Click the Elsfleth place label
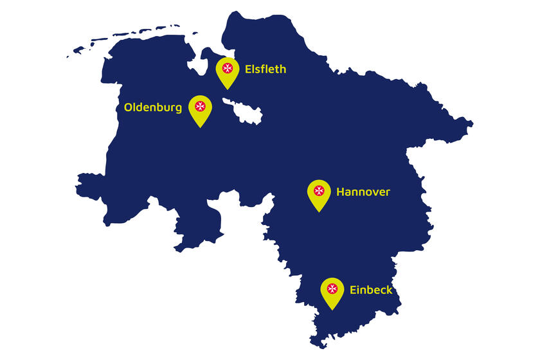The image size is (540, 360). [x=265, y=69]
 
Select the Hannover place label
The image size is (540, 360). [x=363, y=192]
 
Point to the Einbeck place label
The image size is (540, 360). [x=371, y=290]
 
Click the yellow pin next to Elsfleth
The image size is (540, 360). [x=227, y=71]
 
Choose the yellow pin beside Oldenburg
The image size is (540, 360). [x=201, y=109]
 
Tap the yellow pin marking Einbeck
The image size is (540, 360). [x=332, y=292]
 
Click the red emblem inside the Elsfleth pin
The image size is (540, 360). [x=227, y=67]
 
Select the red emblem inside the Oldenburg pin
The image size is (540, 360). [x=201, y=105]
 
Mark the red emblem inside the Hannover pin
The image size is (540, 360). [x=319, y=190]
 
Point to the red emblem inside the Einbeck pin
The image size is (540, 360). [x=332, y=288]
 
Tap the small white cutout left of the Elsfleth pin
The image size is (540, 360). [x=197, y=66]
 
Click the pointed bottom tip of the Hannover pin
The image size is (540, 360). [x=319, y=212]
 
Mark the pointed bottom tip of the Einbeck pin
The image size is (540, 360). [x=332, y=309]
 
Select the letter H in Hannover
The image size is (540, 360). [x=341, y=192]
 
